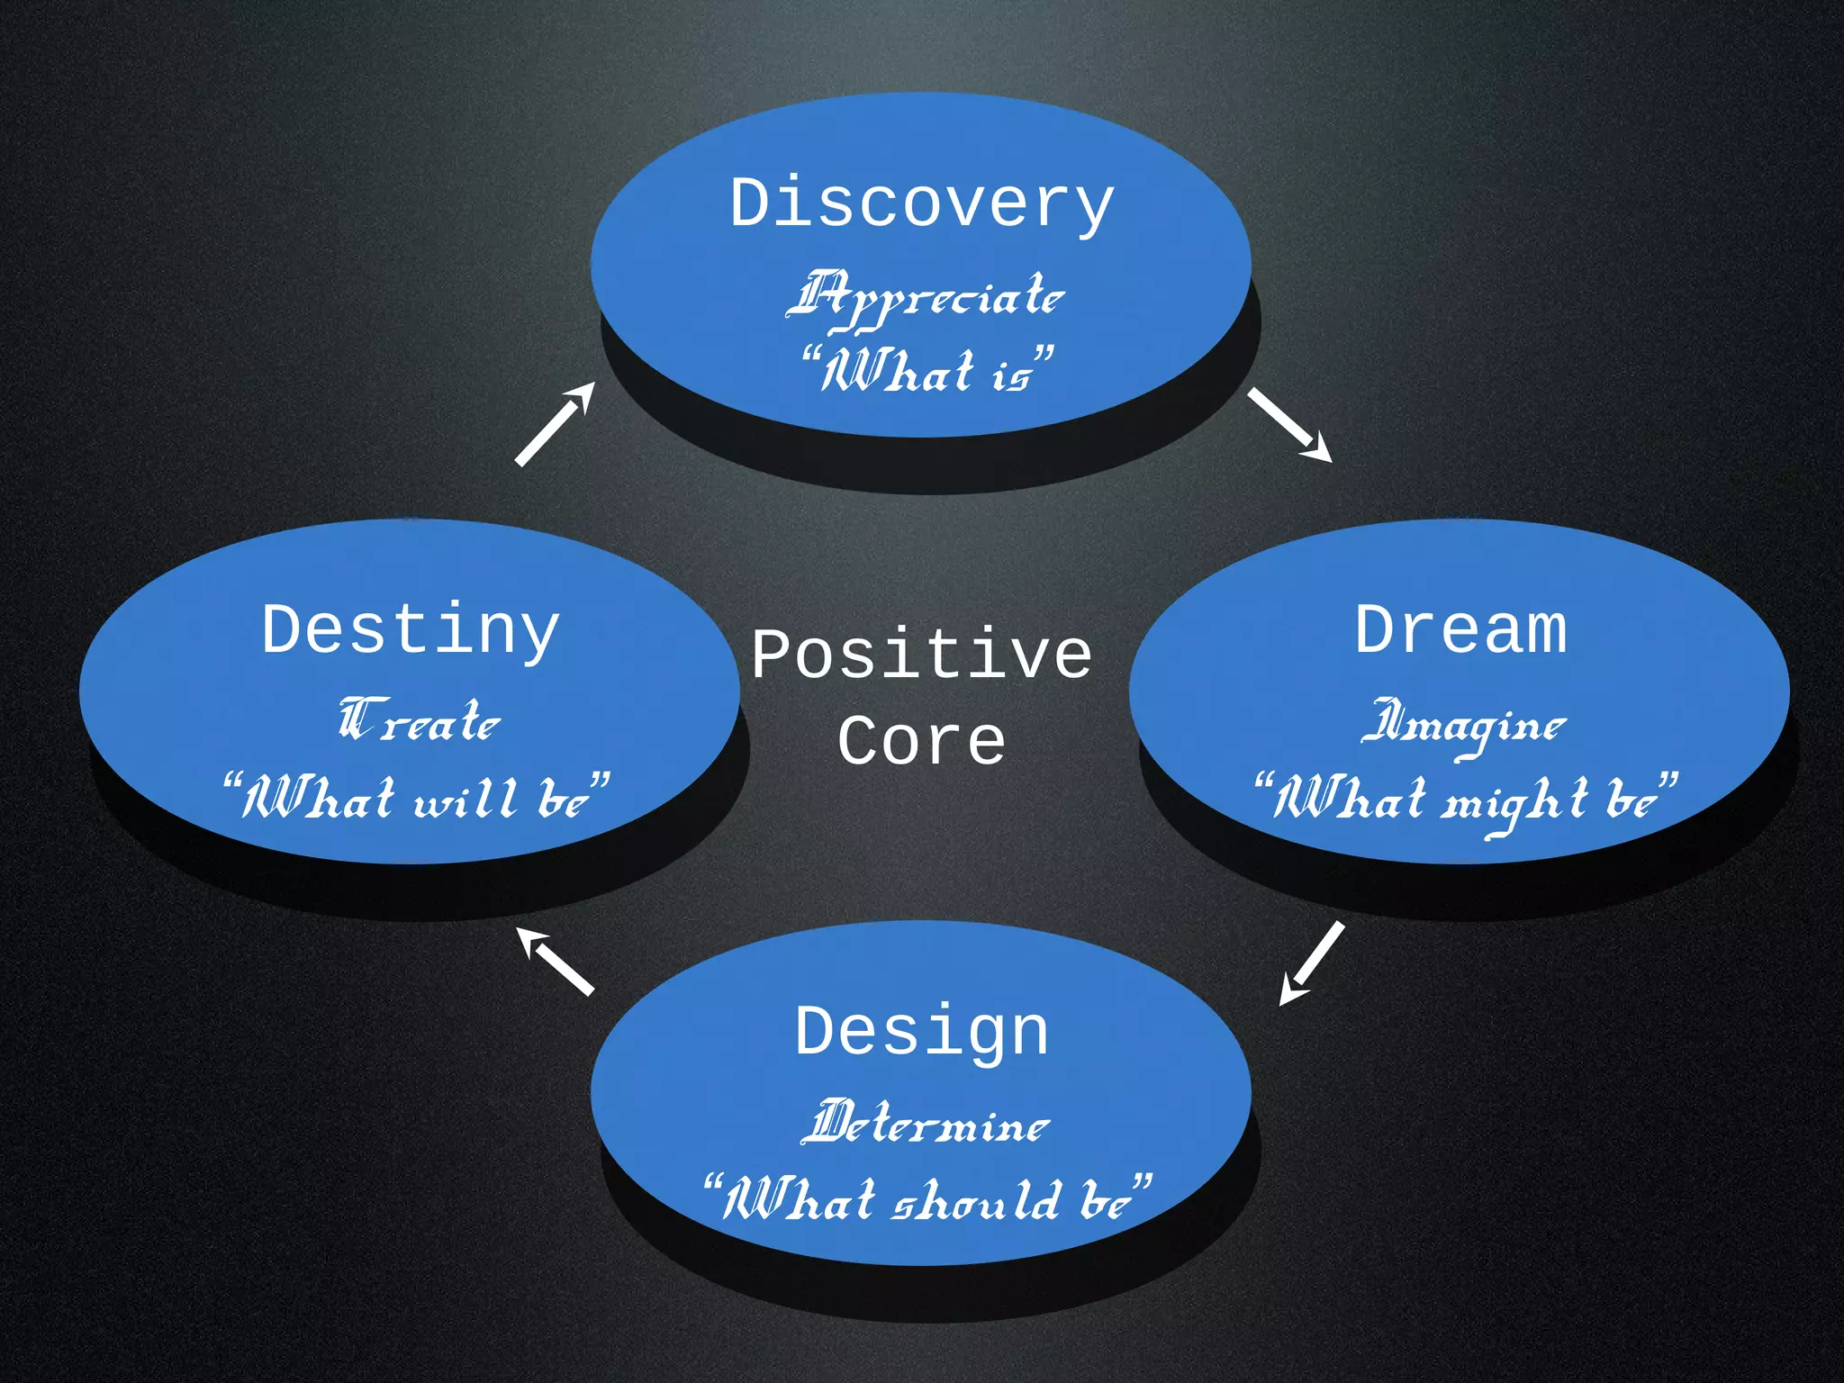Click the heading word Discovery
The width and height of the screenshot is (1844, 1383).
click(921, 204)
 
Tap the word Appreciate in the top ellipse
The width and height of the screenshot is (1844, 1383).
click(926, 298)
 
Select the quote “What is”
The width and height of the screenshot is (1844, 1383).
click(927, 370)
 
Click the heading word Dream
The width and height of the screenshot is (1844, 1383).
click(1460, 630)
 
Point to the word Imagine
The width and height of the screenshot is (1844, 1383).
click(1464, 726)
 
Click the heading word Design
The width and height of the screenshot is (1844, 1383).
click(921, 1032)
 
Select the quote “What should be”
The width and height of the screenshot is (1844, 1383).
click(927, 1200)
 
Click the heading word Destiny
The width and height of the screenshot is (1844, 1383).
click(411, 630)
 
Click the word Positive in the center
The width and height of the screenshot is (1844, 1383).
click(921, 655)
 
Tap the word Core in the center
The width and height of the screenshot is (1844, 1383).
click(921, 742)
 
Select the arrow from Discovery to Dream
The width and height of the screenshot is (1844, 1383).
click(1289, 425)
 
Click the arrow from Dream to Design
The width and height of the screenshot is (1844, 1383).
click(1312, 963)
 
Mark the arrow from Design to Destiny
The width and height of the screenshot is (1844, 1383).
click(556, 962)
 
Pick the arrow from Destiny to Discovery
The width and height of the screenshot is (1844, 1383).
click(555, 423)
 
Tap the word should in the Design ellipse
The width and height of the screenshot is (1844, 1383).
click(976, 1201)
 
